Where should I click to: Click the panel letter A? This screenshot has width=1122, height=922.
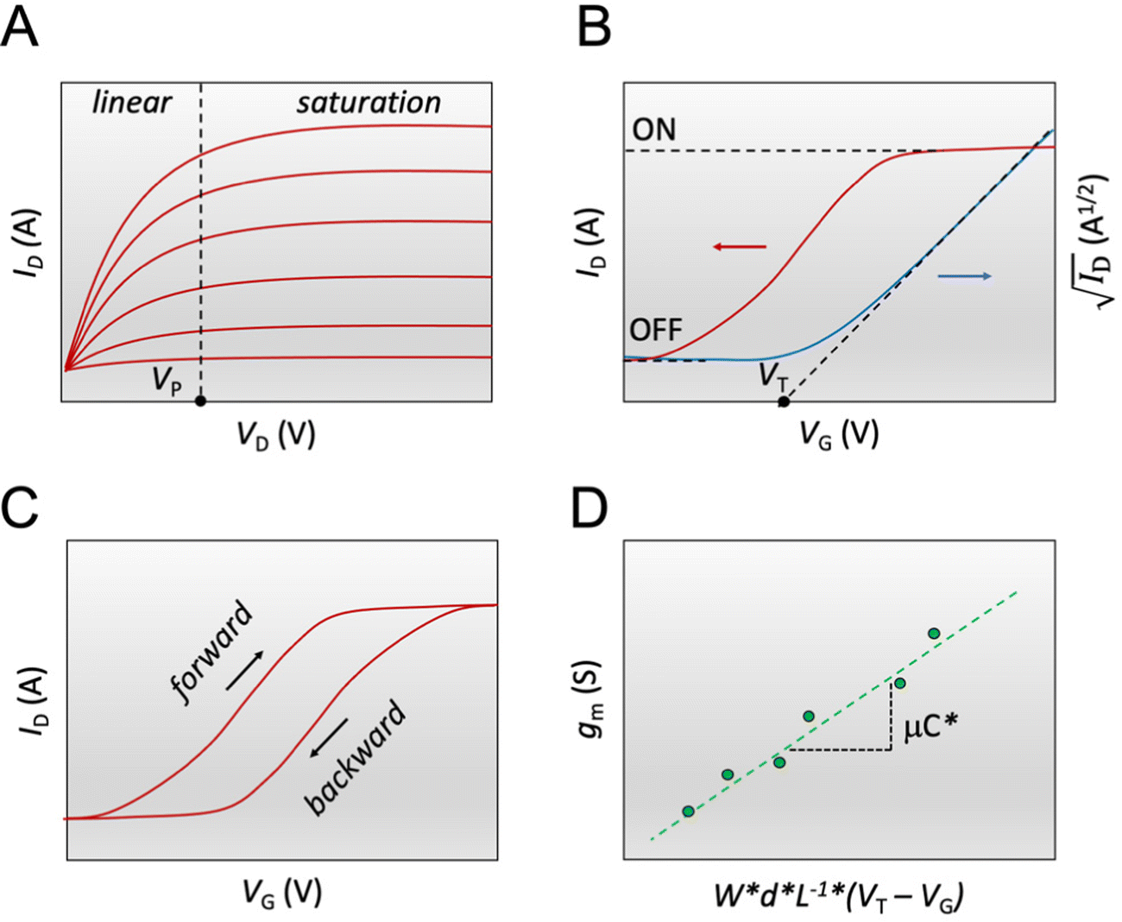(x=21, y=28)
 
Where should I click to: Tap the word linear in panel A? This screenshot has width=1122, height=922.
(x=131, y=103)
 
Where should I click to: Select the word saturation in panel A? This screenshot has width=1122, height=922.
(x=369, y=103)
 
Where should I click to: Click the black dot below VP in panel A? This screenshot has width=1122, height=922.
(x=200, y=401)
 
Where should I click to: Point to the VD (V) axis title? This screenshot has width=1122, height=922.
(x=276, y=435)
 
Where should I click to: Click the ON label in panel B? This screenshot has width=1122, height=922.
(x=654, y=130)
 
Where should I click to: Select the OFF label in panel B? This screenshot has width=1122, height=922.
(x=656, y=330)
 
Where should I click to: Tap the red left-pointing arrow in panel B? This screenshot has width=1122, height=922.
(x=740, y=248)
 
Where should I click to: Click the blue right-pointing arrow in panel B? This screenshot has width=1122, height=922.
(x=964, y=276)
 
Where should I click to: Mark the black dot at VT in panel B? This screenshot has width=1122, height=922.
(x=784, y=402)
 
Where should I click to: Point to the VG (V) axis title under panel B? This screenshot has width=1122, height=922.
(x=838, y=434)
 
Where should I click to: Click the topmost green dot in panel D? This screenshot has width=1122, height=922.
(x=934, y=634)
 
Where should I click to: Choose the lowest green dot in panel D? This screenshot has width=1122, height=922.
(x=688, y=811)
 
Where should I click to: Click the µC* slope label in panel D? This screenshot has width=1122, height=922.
(x=931, y=729)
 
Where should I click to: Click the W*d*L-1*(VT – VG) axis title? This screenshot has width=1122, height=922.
(x=838, y=896)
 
